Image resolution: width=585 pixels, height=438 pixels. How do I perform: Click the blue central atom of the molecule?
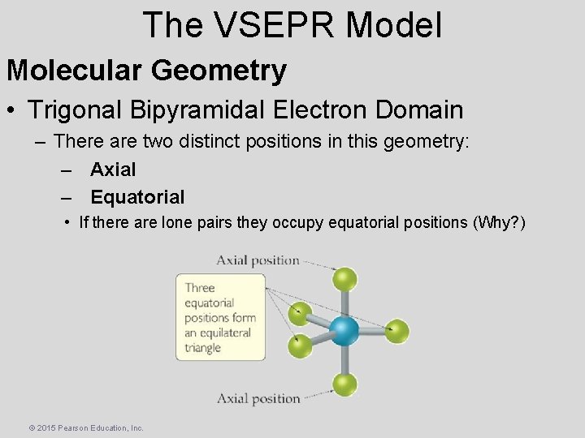pos(344,331)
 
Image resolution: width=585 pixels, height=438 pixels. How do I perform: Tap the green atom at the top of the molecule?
pos(345,280)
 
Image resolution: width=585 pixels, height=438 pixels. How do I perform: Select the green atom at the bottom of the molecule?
pos(345,384)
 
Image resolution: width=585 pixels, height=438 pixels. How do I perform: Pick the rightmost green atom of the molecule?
pos(396,331)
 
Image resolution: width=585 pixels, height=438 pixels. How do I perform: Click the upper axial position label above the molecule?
pos(258,260)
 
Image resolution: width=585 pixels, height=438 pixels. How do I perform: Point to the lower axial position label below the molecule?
pos(258,398)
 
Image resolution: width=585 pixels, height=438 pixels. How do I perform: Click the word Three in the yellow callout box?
pos(199,287)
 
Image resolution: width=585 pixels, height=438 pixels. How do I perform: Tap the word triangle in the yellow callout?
pos(202,348)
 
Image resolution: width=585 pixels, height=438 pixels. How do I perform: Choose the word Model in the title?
pos(393,24)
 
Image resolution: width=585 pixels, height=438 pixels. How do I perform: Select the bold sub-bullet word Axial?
pos(113,170)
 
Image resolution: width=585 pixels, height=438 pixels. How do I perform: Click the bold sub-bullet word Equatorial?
pos(137,197)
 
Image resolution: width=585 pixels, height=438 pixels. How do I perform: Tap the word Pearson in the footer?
pos(79,427)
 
